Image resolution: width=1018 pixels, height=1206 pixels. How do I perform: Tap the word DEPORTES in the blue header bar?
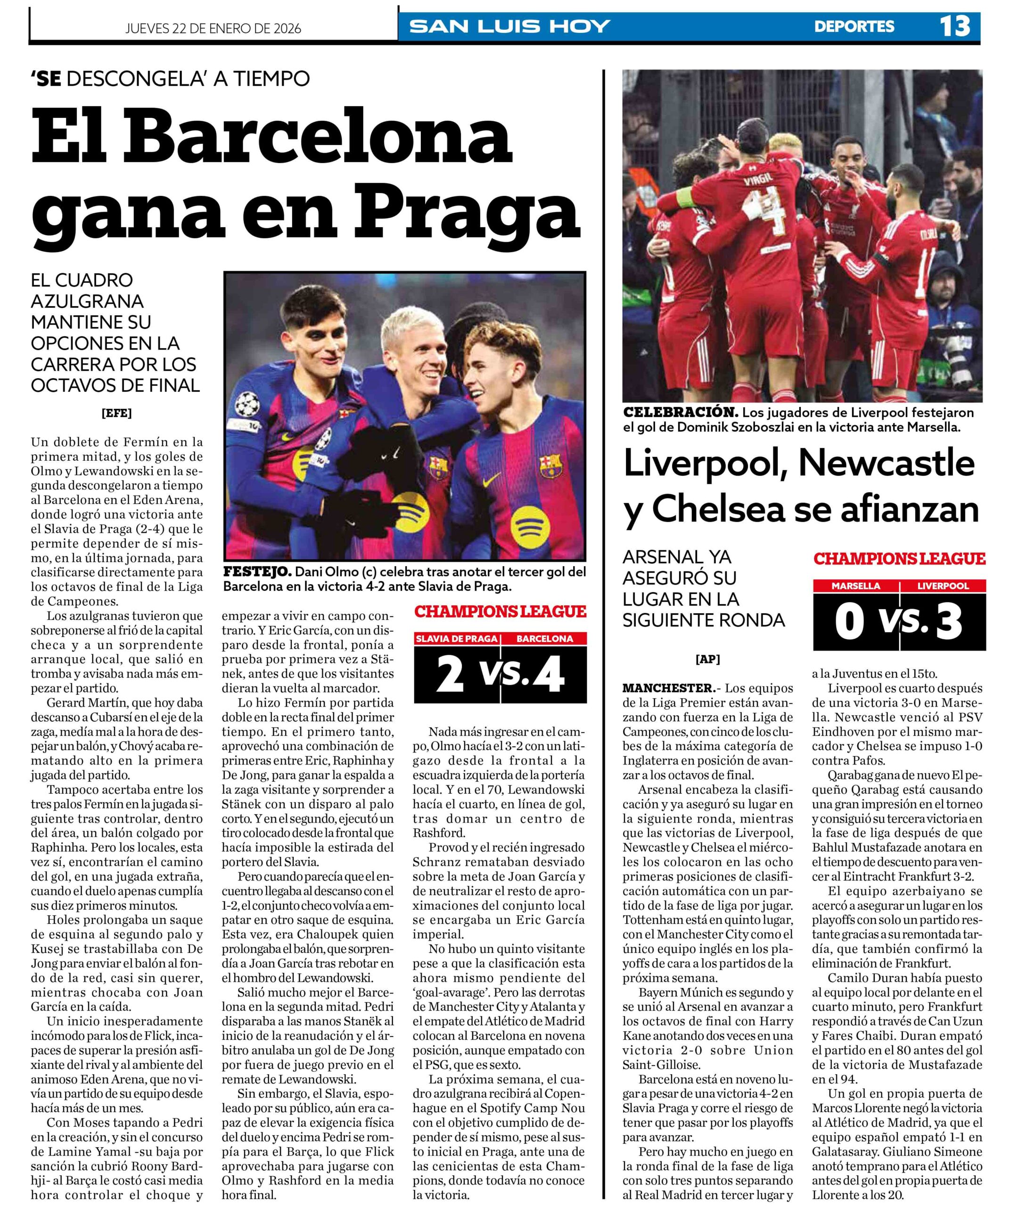(x=854, y=26)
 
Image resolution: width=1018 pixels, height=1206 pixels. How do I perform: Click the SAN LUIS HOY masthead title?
(x=509, y=26)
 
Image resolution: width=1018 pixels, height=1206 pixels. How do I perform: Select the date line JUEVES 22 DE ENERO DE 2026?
(x=213, y=28)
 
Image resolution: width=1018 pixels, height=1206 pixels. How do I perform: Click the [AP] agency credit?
(x=707, y=659)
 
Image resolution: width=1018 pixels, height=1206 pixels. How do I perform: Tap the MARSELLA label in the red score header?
(x=855, y=586)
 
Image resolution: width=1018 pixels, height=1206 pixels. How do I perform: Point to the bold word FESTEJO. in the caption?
(x=257, y=572)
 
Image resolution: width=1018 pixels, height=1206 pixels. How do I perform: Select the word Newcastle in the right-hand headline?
(x=887, y=463)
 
